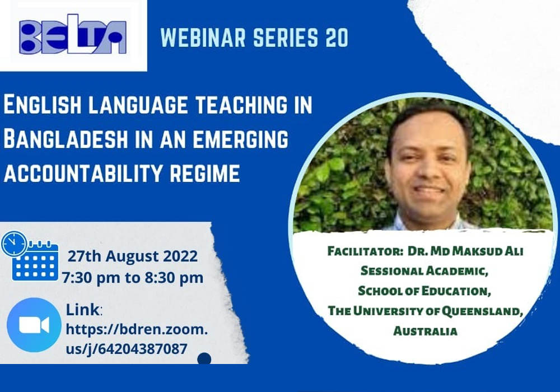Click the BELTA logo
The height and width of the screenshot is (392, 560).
click(73, 35)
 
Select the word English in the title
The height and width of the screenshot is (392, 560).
click(43, 105)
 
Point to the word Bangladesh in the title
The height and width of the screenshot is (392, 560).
click(66, 139)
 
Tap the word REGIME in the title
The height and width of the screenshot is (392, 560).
click(204, 173)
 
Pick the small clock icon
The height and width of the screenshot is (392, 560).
click(14, 244)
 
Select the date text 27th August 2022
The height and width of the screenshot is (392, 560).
click(133, 256)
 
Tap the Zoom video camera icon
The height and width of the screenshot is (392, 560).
click(34, 325)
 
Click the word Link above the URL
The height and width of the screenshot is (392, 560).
click(83, 310)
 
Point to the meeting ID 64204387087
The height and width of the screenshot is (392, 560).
click(142, 349)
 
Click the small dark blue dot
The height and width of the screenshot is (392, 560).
click(204, 359)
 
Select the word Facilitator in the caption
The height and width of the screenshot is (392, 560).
click(365, 251)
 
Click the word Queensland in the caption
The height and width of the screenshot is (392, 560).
click(482, 311)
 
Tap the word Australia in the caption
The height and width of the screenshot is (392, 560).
click(426, 332)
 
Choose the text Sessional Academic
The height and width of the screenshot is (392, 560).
click(424, 271)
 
